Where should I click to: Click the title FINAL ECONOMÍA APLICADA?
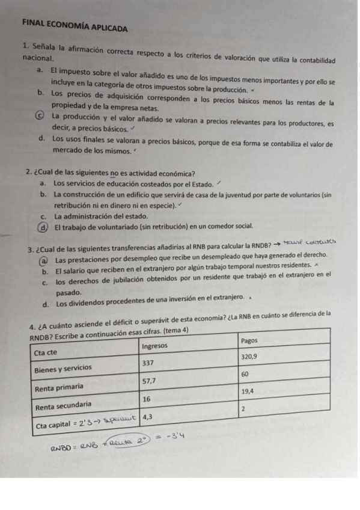75,27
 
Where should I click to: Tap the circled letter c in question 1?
40,117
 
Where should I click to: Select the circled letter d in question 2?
40,227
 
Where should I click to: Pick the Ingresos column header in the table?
156,346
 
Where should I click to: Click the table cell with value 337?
148,363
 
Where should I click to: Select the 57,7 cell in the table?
150,381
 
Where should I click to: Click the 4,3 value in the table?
148,416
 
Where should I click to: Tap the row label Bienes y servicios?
63,368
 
